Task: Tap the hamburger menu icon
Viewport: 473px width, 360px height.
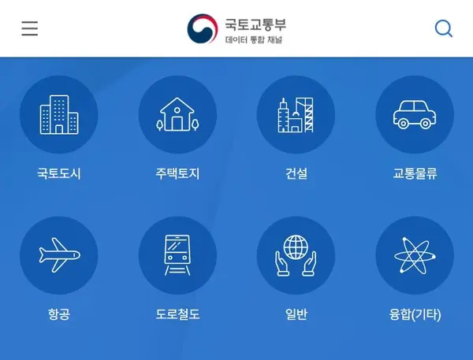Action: (30, 29)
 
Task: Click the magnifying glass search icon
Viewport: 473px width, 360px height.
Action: (444, 29)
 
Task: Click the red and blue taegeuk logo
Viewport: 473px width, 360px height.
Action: (203, 29)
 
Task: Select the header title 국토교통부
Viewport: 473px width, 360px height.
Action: (253, 22)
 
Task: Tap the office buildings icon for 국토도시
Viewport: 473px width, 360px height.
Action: (59, 115)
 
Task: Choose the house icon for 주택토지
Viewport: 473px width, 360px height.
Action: (177, 115)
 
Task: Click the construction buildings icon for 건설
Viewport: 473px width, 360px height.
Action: (296, 115)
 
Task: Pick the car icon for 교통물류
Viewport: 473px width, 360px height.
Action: (415, 115)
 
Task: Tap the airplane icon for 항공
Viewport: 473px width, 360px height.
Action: (59, 255)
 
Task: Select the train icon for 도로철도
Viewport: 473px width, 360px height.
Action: (177, 255)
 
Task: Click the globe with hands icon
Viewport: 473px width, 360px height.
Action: (296, 255)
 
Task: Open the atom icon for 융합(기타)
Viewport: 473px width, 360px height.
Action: (415, 255)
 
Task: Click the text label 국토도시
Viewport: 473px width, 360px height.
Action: (59, 174)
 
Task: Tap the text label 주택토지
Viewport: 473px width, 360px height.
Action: (177, 174)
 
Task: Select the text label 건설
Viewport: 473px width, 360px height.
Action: (296, 174)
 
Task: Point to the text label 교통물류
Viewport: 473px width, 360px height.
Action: (415, 174)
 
